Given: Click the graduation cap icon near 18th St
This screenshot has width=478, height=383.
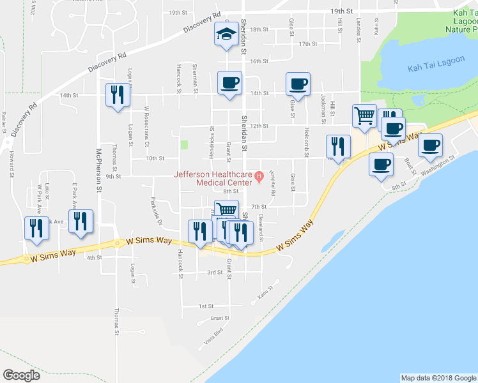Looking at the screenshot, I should point(226,34).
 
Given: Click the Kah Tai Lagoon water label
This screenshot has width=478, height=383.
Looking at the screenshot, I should point(426,68).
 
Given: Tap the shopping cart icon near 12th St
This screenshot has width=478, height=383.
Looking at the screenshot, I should point(364,116).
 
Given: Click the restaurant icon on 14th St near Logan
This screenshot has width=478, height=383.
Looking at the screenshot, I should point(117,95).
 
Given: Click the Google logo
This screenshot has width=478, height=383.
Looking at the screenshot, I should point(21,375).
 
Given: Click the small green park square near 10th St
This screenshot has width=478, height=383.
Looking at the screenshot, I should point(185,145).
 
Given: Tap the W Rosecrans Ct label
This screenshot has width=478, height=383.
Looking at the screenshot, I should point(146,120).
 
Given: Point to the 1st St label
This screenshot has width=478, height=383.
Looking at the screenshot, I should point(205,306).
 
